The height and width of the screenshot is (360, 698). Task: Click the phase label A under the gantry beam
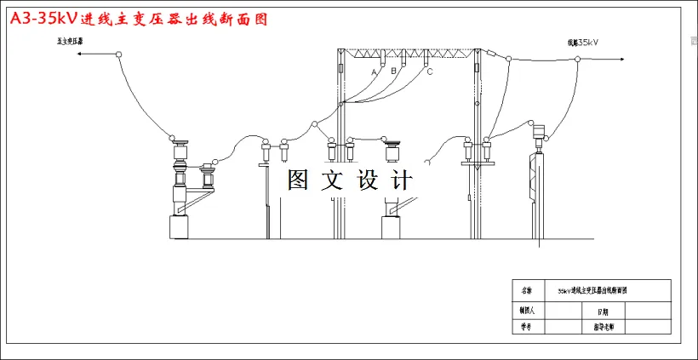[374, 72]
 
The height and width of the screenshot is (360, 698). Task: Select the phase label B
[394, 71]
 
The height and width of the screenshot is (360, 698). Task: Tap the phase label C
[430, 71]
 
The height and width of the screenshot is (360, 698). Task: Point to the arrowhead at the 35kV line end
[628, 58]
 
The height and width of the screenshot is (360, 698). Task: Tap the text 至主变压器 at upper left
[70, 40]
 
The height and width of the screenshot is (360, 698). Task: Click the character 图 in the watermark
[296, 180]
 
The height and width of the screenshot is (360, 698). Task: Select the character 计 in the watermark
[400, 180]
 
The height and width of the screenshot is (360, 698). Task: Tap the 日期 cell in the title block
[603, 309]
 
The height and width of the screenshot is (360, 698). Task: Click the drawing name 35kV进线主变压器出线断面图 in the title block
[592, 290]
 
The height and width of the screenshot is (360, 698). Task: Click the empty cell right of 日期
[649, 309]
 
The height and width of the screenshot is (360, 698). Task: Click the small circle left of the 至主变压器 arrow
[119, 55]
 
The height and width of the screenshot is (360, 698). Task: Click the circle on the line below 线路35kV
[577, 59]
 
